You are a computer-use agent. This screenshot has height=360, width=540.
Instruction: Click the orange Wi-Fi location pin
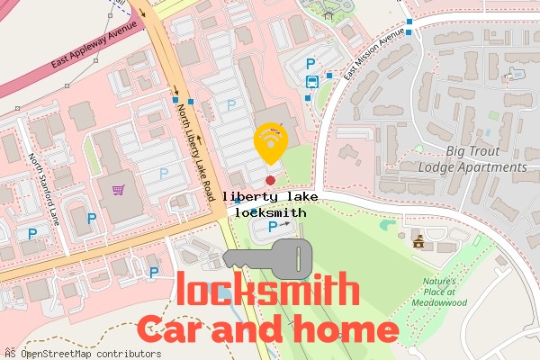pyautogui.click(x=271, y=142)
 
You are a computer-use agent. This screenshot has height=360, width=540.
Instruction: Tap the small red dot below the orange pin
pyautogui.click(x=270, y=167)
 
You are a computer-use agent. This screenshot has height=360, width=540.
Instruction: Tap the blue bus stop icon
pyautogui.click(x=311, y=81)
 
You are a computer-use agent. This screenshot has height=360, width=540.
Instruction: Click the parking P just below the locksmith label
pyautogui.click(x=272, y=227)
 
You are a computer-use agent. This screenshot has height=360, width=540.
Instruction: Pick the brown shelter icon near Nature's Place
pyautogui.click(x=418, y=240)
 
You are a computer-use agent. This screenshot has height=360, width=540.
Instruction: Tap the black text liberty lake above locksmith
pyautogui.click(x=270, y=196)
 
